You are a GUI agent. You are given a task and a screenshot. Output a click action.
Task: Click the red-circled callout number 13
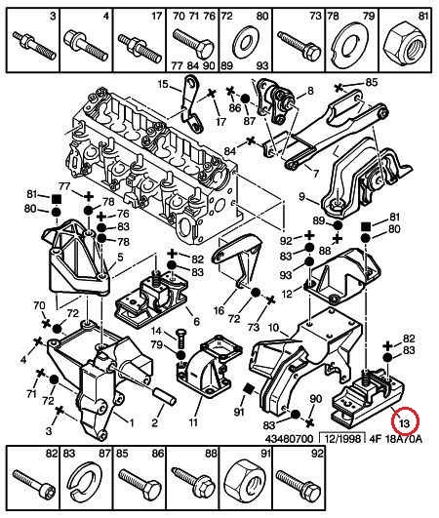coord(405,422)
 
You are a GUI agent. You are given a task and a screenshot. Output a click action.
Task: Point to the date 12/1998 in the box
coord(341,439)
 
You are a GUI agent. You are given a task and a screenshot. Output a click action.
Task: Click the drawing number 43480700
coord(289,439)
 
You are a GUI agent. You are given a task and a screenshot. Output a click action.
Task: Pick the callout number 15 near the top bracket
coord(163,84)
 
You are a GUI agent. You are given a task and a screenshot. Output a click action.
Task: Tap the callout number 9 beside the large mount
coord(302,197)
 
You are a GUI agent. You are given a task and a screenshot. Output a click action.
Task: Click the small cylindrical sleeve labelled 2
coord(165,396)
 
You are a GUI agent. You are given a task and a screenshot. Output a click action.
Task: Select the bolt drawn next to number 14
coord(180,338)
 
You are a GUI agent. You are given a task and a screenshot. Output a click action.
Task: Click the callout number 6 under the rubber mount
coord(196,321)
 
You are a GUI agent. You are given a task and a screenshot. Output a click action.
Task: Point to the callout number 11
coord(193,421)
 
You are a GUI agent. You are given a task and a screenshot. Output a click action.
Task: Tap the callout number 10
coord(274,328)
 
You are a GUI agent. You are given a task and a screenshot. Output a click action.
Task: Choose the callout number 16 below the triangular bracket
coord(219,310)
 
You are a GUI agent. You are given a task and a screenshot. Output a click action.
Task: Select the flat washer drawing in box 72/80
coord(245,44)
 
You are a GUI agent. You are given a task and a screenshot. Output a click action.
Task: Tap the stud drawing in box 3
coord(34,45)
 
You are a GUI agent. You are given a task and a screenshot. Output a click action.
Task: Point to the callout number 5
coord(120,257)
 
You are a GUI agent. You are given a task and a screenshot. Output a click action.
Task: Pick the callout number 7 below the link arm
coord(316,174)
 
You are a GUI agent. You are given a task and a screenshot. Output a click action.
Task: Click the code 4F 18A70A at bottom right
coord(395,439)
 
